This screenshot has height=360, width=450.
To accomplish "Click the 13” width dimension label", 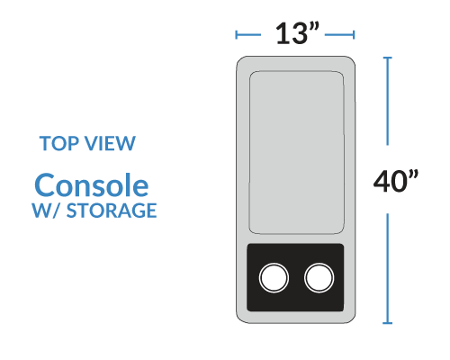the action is pos(297,33).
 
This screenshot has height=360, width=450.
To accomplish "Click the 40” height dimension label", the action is pos(396,181).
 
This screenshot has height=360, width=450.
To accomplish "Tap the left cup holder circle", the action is pos(274,277).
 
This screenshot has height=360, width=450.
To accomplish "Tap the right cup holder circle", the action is pos(319,277).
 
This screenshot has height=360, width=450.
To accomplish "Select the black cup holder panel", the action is pos(295,277).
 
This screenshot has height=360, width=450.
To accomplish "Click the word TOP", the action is pos(59,143).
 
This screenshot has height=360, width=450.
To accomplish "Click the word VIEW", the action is pos(110,143).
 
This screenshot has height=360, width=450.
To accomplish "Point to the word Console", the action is pos(92,185).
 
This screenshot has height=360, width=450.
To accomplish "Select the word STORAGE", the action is pos(112,211).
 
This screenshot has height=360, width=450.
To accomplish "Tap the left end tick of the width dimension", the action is pos(237,35).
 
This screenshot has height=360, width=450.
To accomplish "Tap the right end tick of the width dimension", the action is pos(354,35).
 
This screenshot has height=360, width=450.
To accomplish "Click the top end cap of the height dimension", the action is pos(387,58).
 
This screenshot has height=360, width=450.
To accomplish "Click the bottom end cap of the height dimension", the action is pos(387,323).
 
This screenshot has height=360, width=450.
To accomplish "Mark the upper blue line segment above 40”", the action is pos(387,102).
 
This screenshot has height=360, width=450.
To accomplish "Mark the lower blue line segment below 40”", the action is pos(387,268).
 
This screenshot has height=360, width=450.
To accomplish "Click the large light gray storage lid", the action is pos(296,152).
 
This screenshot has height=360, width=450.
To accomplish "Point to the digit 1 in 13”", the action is pos(283,34).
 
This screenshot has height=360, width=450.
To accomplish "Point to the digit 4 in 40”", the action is pos(382,181).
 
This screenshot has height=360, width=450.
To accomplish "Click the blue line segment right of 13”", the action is pos(339,35).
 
